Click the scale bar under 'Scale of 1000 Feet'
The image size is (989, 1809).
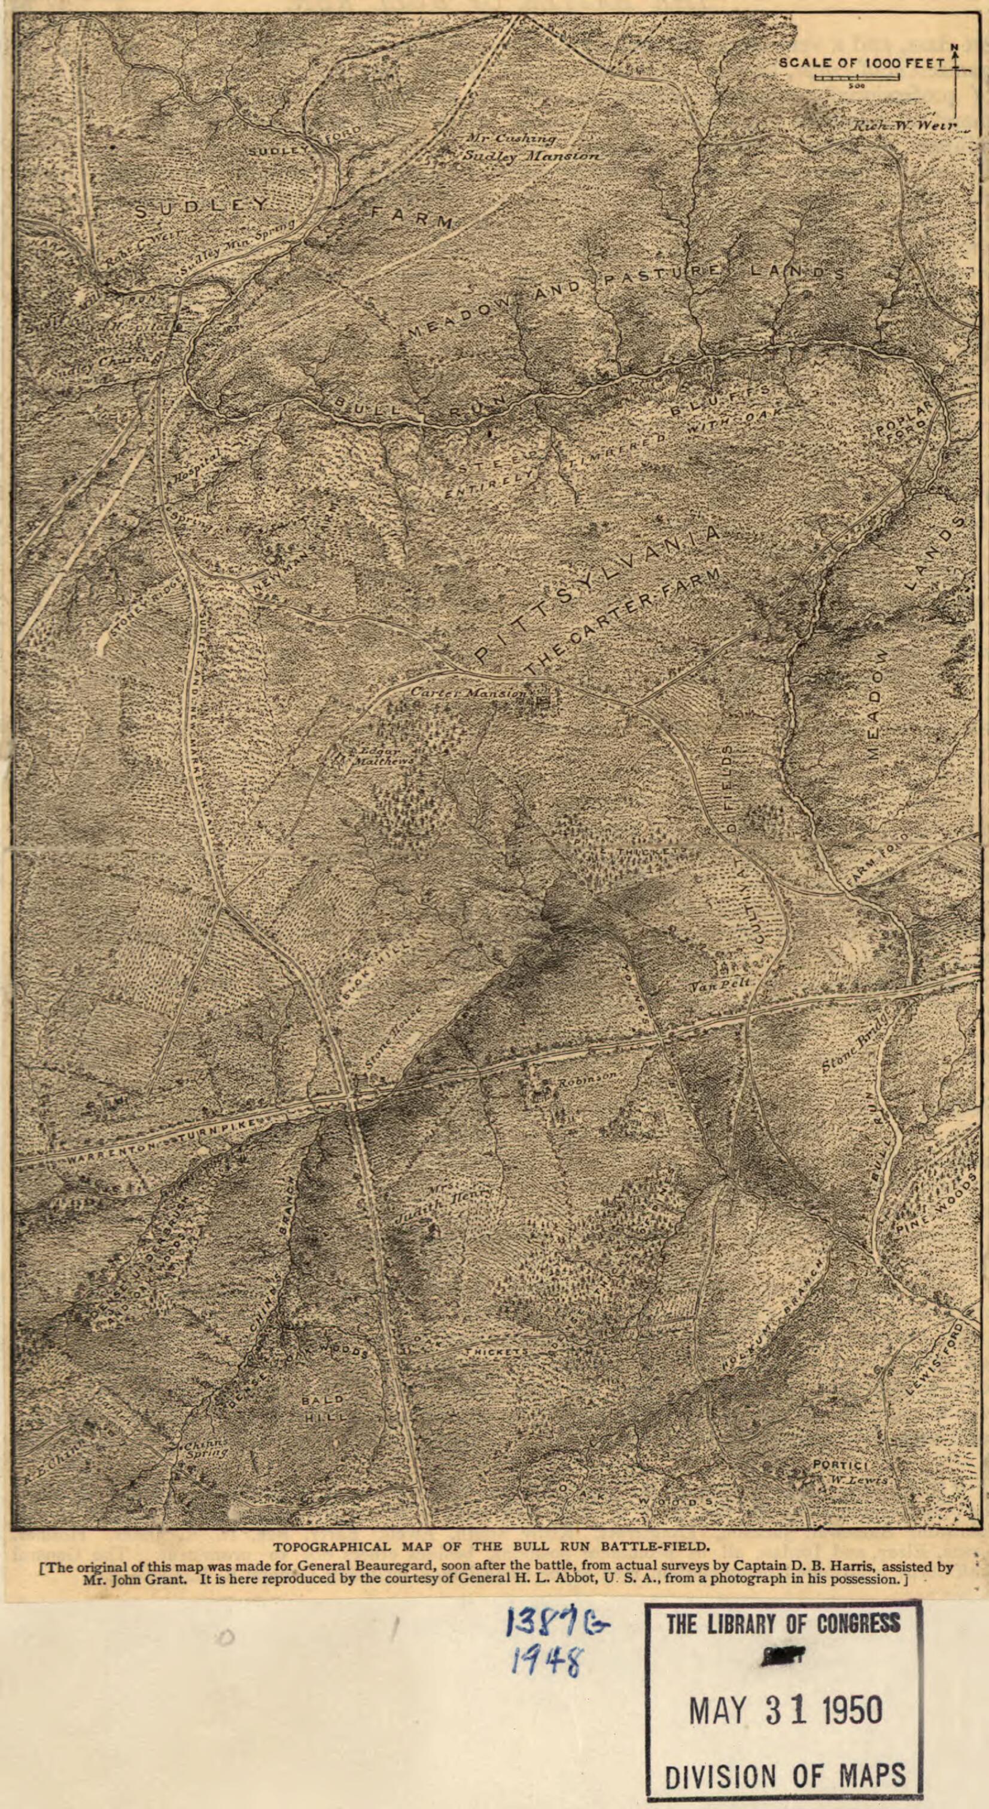(x=857, y=77)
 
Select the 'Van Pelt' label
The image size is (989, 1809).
(x=719, y=986)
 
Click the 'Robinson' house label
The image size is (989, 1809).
(x=587, y=1075)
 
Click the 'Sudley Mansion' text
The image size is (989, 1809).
(x=532, y=157)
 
